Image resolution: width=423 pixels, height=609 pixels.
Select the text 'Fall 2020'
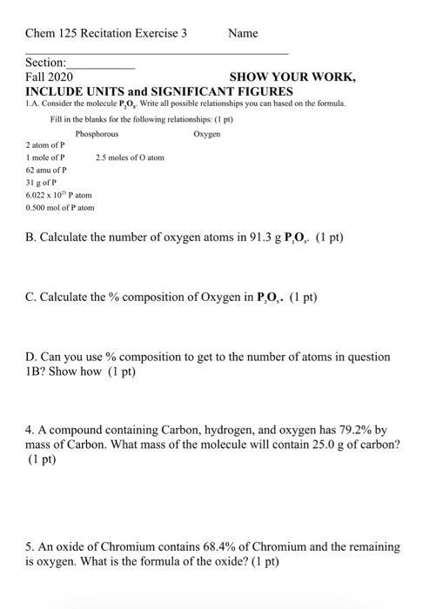[x=50, y=77]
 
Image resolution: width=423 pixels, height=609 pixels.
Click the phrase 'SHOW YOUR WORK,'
[x=292, y=77]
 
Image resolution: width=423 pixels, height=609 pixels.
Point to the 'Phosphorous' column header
[x=97, y=134]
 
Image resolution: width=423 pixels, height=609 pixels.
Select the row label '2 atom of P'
[x=46, y=145]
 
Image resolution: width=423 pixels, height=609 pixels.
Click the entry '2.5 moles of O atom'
[x=130, y=158]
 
